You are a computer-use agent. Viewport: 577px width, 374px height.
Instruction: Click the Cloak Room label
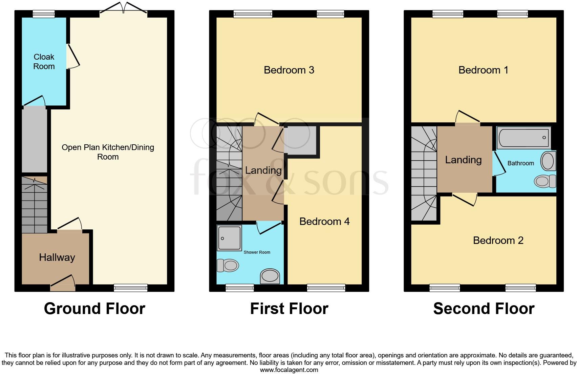(44, 62)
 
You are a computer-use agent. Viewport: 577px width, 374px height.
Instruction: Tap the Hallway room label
(57, 257)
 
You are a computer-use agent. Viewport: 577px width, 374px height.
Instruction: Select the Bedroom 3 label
(289, 70)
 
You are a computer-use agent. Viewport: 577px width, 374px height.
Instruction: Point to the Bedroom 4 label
(324, 222)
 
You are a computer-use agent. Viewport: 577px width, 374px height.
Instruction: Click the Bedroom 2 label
(498, 241)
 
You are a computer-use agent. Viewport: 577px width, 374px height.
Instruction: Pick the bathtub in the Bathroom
(523, 138)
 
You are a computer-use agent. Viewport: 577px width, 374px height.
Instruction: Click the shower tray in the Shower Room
(229, 238)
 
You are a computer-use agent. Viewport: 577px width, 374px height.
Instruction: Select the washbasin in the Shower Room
(270, 276)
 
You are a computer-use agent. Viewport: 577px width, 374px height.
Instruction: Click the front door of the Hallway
(63, 284)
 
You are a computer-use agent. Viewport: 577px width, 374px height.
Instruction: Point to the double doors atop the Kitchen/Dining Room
(124, 10)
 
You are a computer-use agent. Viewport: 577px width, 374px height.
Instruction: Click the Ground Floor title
(94, 309)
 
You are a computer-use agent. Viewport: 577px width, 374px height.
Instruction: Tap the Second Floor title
(484, 309)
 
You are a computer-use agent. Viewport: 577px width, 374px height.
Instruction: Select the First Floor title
(289, 309)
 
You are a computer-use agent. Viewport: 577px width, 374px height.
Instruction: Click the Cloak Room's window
(44, 14)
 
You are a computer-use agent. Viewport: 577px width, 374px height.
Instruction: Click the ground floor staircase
(34, 205)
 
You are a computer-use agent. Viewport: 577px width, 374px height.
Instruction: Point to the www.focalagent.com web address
(289, 370)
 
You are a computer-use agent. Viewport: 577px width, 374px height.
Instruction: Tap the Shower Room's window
(240, 288)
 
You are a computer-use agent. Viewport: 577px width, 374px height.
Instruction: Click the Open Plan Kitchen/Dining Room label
(108, 152)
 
